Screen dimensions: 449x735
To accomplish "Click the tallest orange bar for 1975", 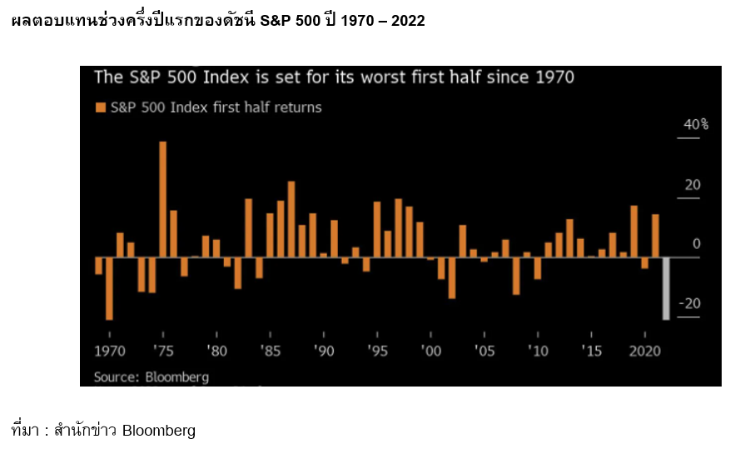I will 163,199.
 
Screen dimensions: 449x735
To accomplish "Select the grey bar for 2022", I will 666,288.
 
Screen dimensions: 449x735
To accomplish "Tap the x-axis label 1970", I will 109,351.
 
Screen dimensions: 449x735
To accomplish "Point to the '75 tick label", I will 163,351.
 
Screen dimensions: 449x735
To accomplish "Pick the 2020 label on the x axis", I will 646,351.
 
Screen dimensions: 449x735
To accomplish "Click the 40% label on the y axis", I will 695,125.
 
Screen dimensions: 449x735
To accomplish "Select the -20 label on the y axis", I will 690,303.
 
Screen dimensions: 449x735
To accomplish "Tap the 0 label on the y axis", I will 697,244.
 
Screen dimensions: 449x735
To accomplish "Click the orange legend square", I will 101,107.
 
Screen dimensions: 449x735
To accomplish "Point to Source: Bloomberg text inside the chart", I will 151,377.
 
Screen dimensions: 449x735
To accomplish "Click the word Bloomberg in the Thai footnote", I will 158,431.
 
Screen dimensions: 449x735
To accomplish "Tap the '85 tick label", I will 270,351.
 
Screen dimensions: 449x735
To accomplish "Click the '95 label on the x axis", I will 377,351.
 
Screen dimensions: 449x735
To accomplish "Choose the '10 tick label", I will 538,351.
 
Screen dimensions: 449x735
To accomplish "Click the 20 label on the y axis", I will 693,185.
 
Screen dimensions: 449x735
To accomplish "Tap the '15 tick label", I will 591,351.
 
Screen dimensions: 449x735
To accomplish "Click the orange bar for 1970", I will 98,266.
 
